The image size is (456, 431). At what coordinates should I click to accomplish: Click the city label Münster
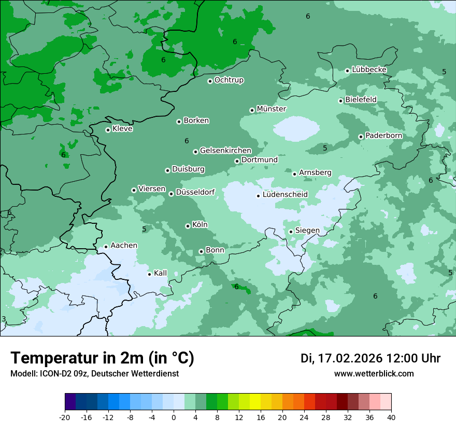[x=271, y=109]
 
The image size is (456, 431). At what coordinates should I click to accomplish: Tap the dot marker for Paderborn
[x=361, y=137]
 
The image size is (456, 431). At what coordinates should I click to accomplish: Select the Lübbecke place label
[x=369, y=70]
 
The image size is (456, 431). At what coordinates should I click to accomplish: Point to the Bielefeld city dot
[x=340, y=101]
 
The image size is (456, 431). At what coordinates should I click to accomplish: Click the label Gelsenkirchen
[x=225, y=151]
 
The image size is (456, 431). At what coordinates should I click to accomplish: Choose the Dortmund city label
[x=259, y=160]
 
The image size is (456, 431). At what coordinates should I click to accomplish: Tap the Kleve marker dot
[x=108, y=130]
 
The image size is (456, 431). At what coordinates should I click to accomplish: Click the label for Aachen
[x=124, y=246]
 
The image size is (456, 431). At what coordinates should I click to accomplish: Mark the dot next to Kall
[x=149, y=274]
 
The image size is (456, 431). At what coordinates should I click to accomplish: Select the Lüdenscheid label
[x=285, y=195]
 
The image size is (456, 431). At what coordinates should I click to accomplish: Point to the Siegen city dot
[x=291, y=232]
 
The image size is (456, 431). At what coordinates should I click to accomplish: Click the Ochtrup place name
[x=229, y=80]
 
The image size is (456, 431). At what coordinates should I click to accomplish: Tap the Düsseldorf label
[x=195, y=192]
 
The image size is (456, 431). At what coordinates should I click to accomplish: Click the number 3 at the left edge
[x=4, y=319]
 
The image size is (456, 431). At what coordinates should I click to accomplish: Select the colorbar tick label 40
[x=391, y=417]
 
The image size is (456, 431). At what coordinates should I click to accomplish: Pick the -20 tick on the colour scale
[x=65, y=417]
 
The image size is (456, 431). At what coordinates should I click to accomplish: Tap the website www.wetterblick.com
[x=374, y=373]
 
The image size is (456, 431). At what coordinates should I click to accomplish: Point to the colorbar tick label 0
[x=174, y=417]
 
